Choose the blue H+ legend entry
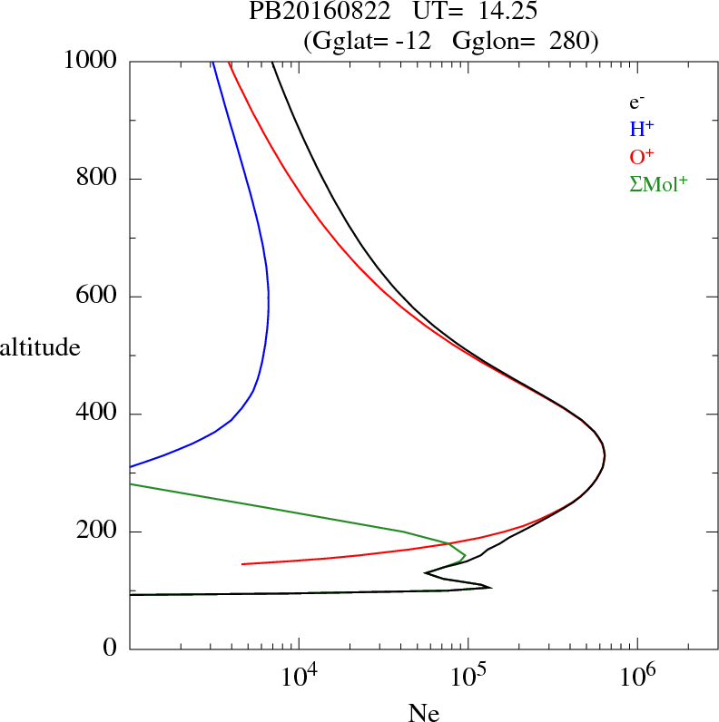tap(641, 130)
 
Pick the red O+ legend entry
tap(642, 156)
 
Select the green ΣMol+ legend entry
tap(657, 183)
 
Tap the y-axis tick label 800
tap(98, 179)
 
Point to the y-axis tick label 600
tap(98, 297)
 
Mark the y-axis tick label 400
tap(98, 415)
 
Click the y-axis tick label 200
tap(98, 532)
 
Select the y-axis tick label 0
tap(112, 649)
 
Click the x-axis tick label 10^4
tap(299, 676)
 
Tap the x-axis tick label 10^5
tap(468, 676)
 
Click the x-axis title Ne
tap(423, 713)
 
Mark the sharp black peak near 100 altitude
tap(490, 588)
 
